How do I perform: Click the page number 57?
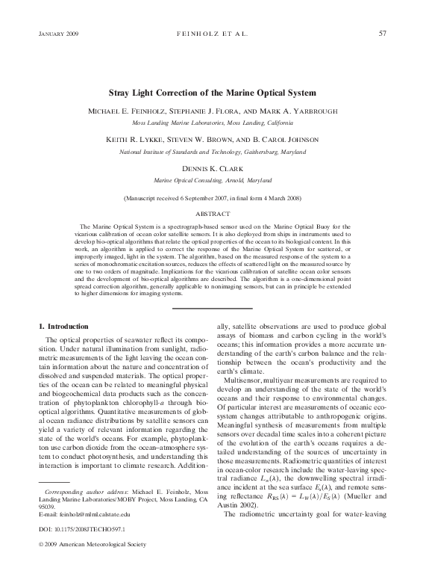(x=382, y=34)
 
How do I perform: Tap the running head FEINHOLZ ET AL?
(x=211, y=34)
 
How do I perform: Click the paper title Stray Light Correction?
(x=211, y=93)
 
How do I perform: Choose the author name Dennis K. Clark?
(x=212, y=169)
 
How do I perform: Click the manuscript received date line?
(x=212, y=200)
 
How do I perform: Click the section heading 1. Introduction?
(x=63, y=327)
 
